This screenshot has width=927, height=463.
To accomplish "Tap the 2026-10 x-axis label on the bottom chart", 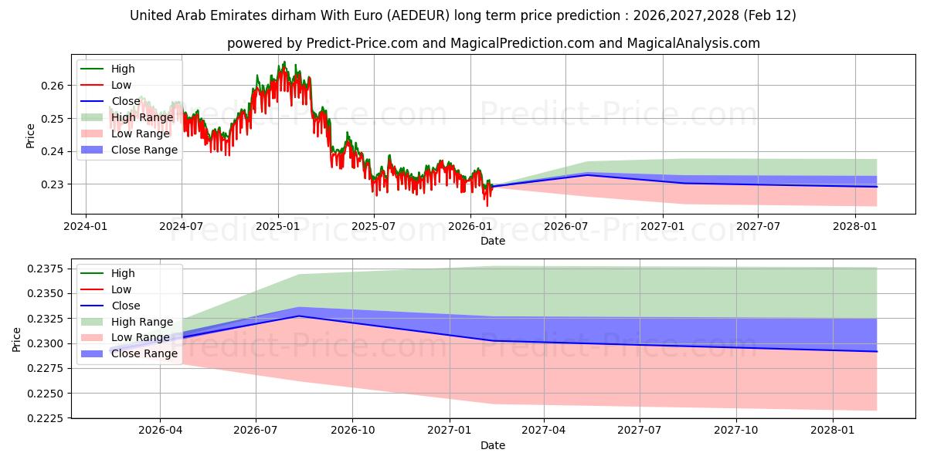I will pyautogui.click(x=352, y=430).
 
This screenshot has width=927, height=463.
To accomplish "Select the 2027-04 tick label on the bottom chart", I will pyautogui.click(x=544, y=430).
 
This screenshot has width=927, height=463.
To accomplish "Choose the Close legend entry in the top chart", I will pyautogui.click(x=126, y=101).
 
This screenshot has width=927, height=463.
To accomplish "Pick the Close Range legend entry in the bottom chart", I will pyautogui.click(x=144, y=353).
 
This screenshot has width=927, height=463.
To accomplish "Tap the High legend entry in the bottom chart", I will pyautogui.click(x=123, y=273).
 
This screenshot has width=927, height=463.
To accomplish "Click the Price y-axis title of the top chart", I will pyautogui.click(x=31, y=136).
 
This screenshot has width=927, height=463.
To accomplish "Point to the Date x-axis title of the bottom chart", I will pyautogui.click(x=493, y=445).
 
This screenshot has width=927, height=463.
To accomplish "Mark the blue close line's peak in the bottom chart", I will pyautogui.click(x=299, y=316).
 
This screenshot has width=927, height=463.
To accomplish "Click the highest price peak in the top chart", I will pyautogui.click(x=284, y=62).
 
